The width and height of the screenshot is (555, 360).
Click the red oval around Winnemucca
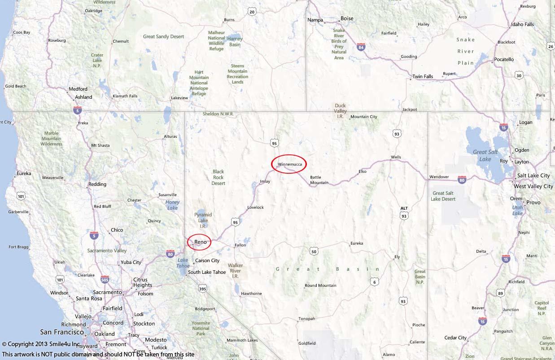click(289, 164)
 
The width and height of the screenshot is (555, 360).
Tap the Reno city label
click(201, 242)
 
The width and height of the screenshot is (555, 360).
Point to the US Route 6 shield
click(374, 281)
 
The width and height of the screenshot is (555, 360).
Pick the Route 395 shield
click(202, 289)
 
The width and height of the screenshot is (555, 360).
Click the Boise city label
click(347, 19)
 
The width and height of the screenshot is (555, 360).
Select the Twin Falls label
click(423, 77)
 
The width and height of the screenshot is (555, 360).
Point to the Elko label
click(363, 171)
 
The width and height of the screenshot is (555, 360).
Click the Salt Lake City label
click(533, 176)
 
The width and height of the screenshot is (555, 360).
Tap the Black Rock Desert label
click(218, 177)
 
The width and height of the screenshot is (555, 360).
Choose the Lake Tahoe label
click(183, 263)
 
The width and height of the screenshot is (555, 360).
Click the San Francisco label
click(62, 332)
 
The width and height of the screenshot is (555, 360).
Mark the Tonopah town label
click(307, 319)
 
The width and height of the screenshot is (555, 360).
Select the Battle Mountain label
click(319, 180)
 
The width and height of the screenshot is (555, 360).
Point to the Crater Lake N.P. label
click(97, 61)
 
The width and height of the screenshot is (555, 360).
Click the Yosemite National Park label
click(201, 329)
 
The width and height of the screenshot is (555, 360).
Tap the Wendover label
click(439, 177)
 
